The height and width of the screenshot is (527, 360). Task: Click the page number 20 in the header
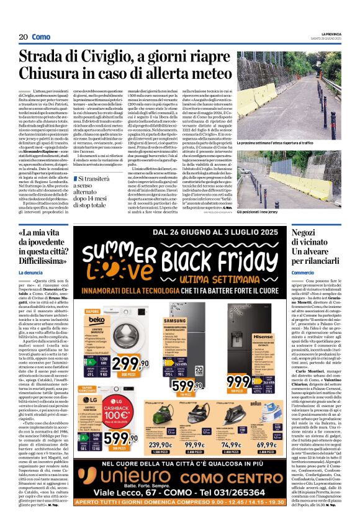[22, 37]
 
